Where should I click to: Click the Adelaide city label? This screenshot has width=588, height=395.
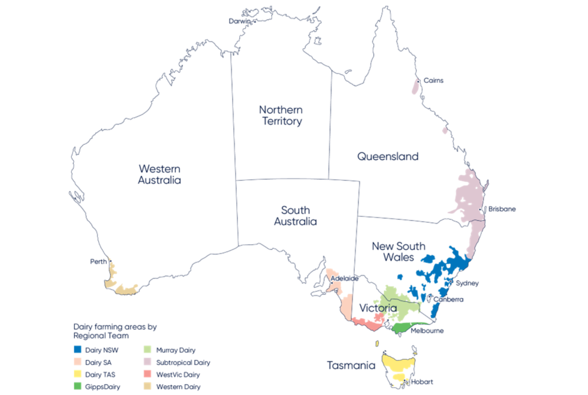(345, 278)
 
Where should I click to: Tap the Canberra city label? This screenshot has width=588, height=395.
(448, 299)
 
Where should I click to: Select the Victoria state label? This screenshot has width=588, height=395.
(379, 308)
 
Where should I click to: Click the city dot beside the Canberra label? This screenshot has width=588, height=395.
(429, 296)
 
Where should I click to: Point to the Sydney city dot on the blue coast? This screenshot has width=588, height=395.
(450, 281)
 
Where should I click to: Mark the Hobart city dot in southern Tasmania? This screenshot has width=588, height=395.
(405, 381)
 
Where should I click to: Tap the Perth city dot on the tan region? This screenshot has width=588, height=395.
(111, 261)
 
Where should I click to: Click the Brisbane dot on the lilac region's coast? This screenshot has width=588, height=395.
(480, 209)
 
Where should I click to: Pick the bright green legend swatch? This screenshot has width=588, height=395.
(79, 387)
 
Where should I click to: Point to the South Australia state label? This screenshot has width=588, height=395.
(294, 216)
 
